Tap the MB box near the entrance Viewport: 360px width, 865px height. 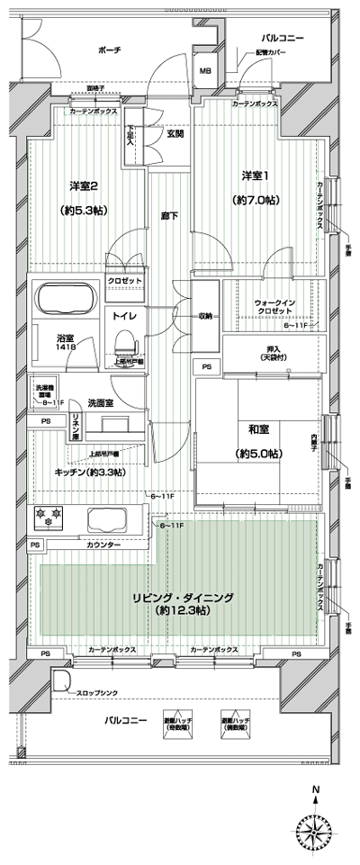(205, 71)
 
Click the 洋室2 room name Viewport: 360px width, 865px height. (84, 186)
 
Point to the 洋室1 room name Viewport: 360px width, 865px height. (255, 176)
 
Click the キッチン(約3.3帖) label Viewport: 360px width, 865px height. (90, 472)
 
